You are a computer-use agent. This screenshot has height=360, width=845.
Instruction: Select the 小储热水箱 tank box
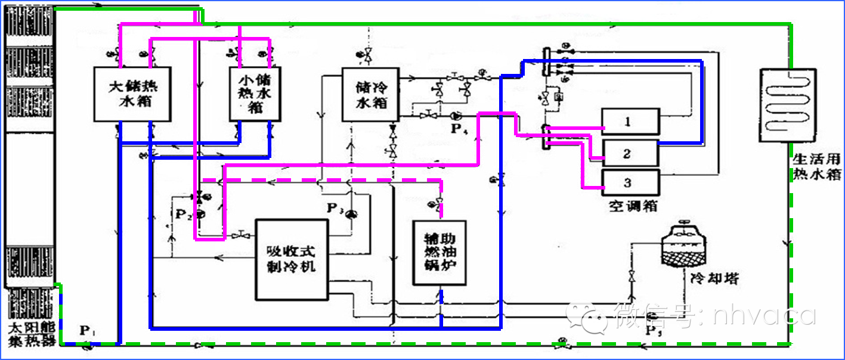coord(255,94)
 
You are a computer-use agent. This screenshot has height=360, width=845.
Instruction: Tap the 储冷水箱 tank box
coord(370,94)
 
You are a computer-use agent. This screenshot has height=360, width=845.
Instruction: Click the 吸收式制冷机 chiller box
coord(292,259)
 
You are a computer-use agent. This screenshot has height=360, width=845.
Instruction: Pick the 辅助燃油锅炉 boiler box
coord(439,253)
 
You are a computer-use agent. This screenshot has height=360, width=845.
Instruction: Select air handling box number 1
coord(630,122)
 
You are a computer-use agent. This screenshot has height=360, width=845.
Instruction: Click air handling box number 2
coord(630,153)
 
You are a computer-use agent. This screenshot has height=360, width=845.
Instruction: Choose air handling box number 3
coord(630,183)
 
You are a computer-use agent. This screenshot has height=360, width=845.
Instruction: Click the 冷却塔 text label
coord(714,279)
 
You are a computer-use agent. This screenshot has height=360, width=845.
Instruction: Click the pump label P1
coord(87,331)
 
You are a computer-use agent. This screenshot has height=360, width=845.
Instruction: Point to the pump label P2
coord(182,215)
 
